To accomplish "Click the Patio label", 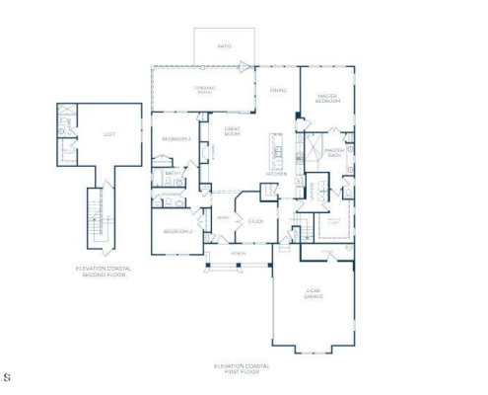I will click(224, 44).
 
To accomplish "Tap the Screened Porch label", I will click(204, 90).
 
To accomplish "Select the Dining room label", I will click(278, 90).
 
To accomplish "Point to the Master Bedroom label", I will click(328, 99).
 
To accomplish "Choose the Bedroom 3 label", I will click(175, 139).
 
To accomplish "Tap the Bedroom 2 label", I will click(176, 231).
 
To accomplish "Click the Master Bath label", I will click(333, 152).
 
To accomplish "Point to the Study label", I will click(255, 221).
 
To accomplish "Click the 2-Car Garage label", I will click(314, 293).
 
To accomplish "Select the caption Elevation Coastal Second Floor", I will click(104, 272).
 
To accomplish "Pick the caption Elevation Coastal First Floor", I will click(242, 368).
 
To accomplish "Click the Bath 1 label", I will click(172, 175).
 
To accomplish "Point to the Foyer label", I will click(224, 217).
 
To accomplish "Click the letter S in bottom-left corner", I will click(8, 376).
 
